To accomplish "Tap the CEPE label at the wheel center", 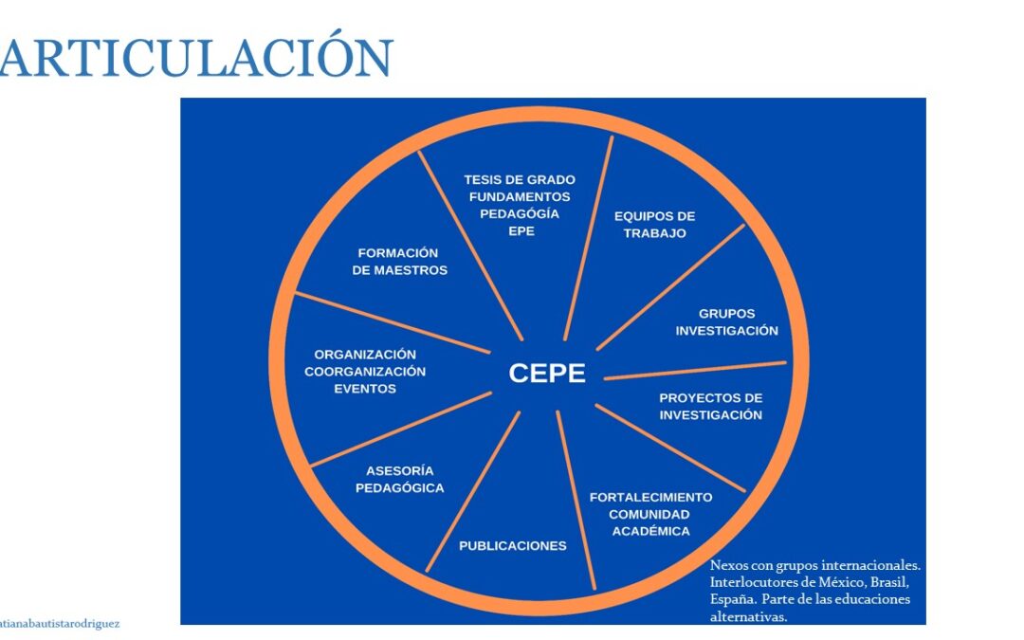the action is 547,374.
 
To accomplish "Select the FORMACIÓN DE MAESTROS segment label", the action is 400,262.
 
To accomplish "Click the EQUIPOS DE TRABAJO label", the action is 654,225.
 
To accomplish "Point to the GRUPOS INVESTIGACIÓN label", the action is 727,322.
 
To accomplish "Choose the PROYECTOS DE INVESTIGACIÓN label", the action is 710,406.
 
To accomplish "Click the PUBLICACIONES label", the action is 513,546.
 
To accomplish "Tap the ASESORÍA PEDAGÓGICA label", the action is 400,480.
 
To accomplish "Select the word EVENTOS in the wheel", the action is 365,389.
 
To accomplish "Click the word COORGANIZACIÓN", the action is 365,372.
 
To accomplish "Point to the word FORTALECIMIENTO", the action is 650,497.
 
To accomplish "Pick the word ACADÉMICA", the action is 650,531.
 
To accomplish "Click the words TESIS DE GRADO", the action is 520,179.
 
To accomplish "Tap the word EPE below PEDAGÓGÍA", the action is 521,231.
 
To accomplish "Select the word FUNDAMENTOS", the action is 520,196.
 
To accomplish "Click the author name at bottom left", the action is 60,624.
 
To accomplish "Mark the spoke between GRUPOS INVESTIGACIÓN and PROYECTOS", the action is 695,371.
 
